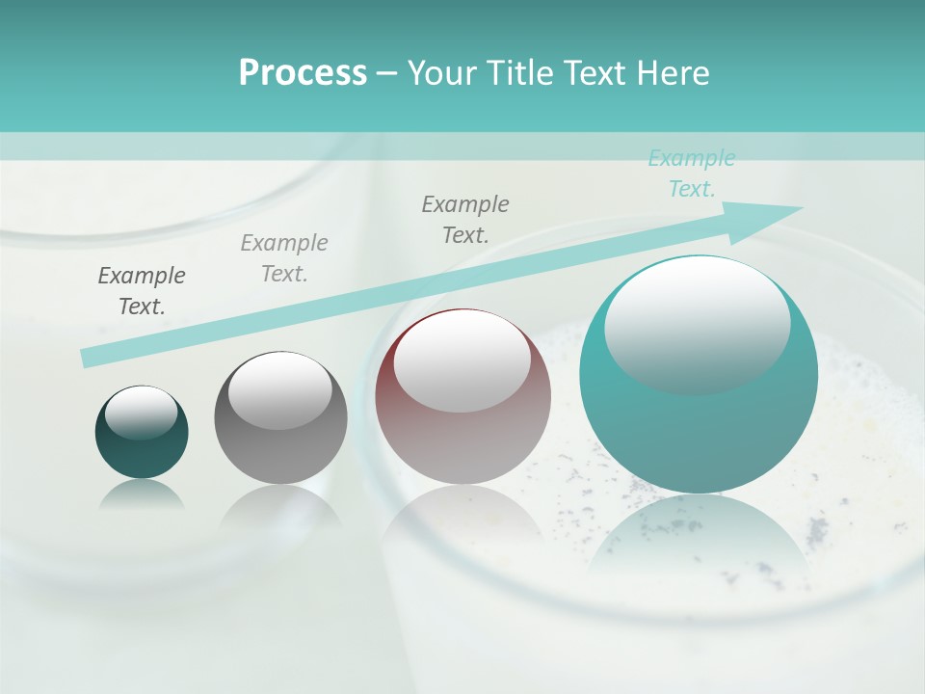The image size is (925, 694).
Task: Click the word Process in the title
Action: pos(303,73)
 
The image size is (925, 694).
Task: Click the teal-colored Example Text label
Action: pos(692,173)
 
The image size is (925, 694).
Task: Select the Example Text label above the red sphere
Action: pos(465,219)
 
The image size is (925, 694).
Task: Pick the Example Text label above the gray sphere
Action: pos(284,258)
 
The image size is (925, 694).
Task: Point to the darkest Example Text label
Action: pos(142,290)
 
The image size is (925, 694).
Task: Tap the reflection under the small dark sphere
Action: pos(142,494)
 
